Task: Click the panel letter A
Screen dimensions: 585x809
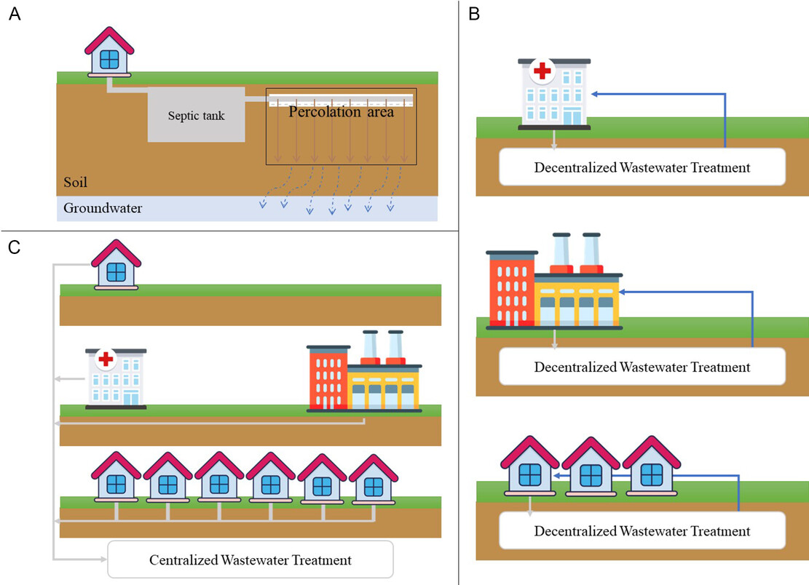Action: (x=15, y=15)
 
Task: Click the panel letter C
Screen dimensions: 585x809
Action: (x=15, y=247)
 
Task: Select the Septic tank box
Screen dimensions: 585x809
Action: (x=196, y=114)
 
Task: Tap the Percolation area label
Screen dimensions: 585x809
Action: (x=341, y=112)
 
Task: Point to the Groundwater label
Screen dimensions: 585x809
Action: (x=102, y=208)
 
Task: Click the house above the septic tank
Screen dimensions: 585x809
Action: (x=110, y=52)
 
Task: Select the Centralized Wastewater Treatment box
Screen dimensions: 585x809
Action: (x=250, y=560)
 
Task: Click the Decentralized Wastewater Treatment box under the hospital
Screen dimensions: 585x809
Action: (x=642, y=167)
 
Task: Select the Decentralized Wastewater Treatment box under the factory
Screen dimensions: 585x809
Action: (x=642, y=367)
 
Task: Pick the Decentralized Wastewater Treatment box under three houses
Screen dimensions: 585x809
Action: (x=642, y=530)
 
